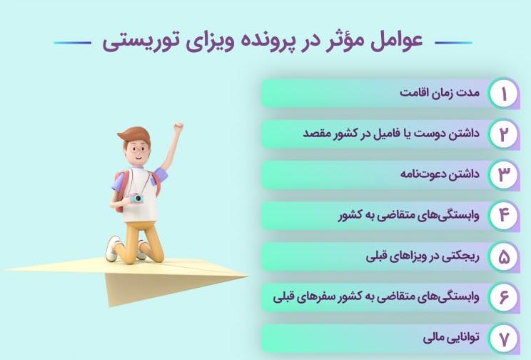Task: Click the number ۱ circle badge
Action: point(504,94)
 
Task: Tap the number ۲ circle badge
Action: point(504,134)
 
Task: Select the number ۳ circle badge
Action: point(504,174)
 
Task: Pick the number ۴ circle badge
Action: point(504,215)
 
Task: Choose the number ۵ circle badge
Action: point(504,256)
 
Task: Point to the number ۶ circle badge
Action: point(504,297)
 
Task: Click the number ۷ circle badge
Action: point(504,338)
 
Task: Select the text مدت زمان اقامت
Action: point(440,92)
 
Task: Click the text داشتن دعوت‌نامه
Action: point(440,174)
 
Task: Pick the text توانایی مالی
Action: point(451,337)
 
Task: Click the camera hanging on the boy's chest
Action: point(136,198)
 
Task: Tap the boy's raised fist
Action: point(178,126)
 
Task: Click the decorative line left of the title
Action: point(73,43)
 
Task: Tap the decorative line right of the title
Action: point(453,43)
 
